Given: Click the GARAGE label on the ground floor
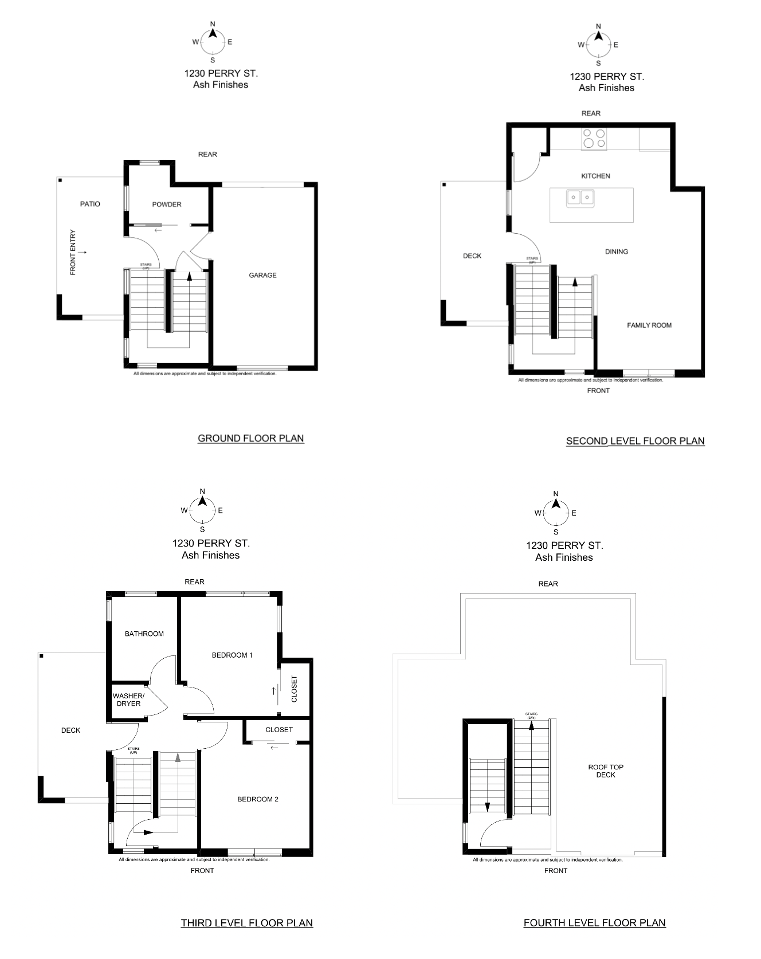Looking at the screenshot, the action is tap(262, 276).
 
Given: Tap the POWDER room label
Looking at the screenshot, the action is tap(167, 205).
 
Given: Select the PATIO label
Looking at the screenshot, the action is tap(90, 204).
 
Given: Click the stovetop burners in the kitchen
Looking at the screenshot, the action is tap(594, 139).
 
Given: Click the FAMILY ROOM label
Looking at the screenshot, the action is tap(649, 325).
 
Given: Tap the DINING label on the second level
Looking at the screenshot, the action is tap(617, 251).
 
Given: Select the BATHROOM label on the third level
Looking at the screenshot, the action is tap(144, 634).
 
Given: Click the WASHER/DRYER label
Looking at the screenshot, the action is tap(129, 700).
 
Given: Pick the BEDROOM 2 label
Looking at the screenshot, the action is tap(258, 799).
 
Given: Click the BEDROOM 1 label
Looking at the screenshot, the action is tap(232, 655).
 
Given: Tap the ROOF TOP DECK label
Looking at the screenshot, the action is tap(606, 771).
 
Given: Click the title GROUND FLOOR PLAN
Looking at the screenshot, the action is tap(251, 438).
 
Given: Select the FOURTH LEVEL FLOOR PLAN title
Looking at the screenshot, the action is tap(595, 923).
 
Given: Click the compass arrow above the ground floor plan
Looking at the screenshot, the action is tap(213, 33).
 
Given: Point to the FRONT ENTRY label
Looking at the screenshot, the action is tap(73, 253).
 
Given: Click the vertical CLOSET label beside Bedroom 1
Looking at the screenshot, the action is tap(295, 689).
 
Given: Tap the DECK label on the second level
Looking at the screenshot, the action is tap(472, 256).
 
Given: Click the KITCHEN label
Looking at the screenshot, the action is tap(596, 176).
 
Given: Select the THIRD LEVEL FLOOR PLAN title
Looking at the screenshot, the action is tap(247, 923).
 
